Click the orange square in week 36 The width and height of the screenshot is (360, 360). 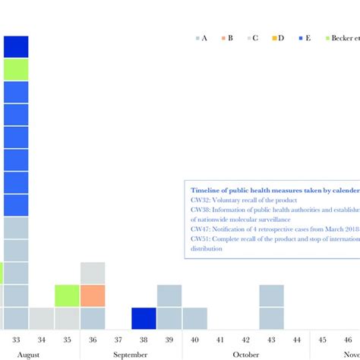(92, 295)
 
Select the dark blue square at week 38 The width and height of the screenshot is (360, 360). (144, 318)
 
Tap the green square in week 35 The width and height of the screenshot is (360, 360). (67, 295)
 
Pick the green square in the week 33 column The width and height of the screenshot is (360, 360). (16, 69)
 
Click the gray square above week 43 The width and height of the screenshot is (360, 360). (271, 295)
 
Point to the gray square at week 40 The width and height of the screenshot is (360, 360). (194, 318)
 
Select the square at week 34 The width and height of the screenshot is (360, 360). (42, 318)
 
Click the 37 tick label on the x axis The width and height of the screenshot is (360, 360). (118, 339)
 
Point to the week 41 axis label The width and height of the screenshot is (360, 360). (220, 339)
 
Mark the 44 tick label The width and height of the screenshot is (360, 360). (297, 339)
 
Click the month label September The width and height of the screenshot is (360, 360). (131, 354)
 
